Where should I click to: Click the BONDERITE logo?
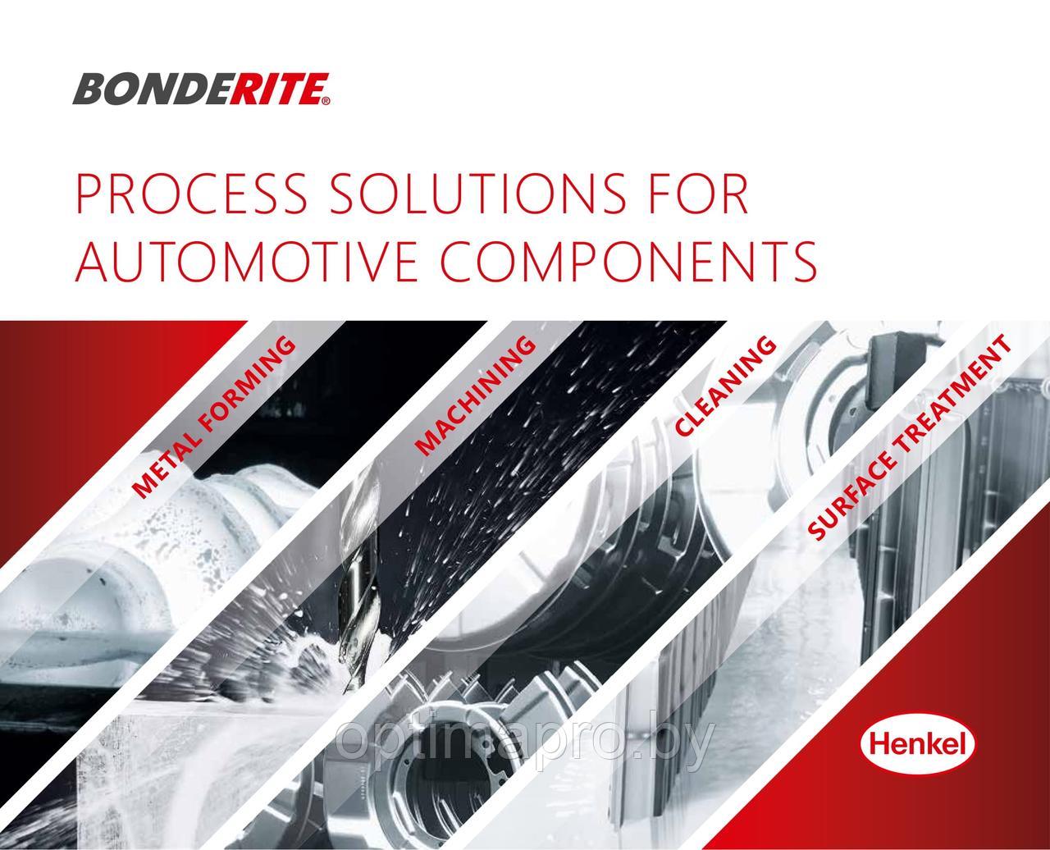click(201, 89)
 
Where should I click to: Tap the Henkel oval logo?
click(918, 743)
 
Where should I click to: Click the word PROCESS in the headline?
click(191, 194)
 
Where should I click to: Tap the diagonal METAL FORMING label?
click(214, 417)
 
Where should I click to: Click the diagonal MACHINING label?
click(475, 395)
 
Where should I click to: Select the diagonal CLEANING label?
click(725, 386)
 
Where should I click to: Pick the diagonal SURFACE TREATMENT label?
click(910, 437)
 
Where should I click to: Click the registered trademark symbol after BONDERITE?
click(326, 101)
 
